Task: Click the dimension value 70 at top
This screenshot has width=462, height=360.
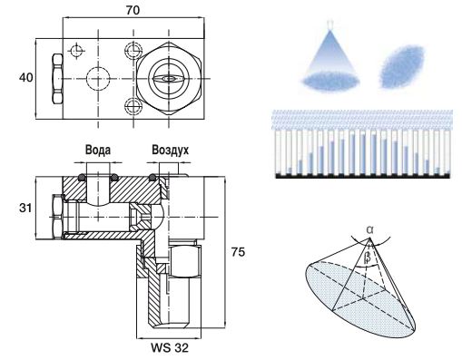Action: point(133,10)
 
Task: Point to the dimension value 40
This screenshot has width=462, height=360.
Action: point(26,78)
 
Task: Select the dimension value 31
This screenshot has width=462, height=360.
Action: point(25,208)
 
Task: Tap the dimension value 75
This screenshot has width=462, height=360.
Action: point(238,252)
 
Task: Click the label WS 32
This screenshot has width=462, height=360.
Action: point(170,348)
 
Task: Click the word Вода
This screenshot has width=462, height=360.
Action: point(98,150)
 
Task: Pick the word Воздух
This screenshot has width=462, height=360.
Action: point(171,150)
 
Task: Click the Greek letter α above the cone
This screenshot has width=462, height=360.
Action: point(369,229)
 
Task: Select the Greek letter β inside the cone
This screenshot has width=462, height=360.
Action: point(367,257)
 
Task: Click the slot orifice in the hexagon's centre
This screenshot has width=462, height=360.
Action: point(168,79)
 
